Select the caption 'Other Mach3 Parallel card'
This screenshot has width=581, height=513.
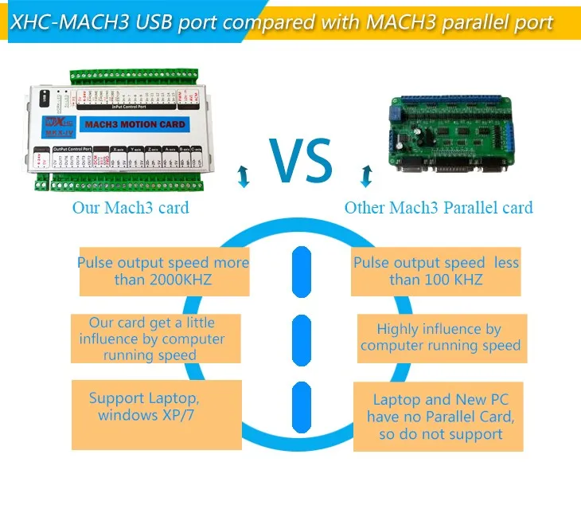click(439, 209)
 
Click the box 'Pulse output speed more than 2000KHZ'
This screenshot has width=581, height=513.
click(163, 272)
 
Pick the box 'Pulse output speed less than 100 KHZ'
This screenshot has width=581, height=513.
click(435, 272)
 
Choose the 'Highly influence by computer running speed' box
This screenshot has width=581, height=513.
click(440, 338)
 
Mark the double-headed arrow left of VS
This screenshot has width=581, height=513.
click(244, 177)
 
